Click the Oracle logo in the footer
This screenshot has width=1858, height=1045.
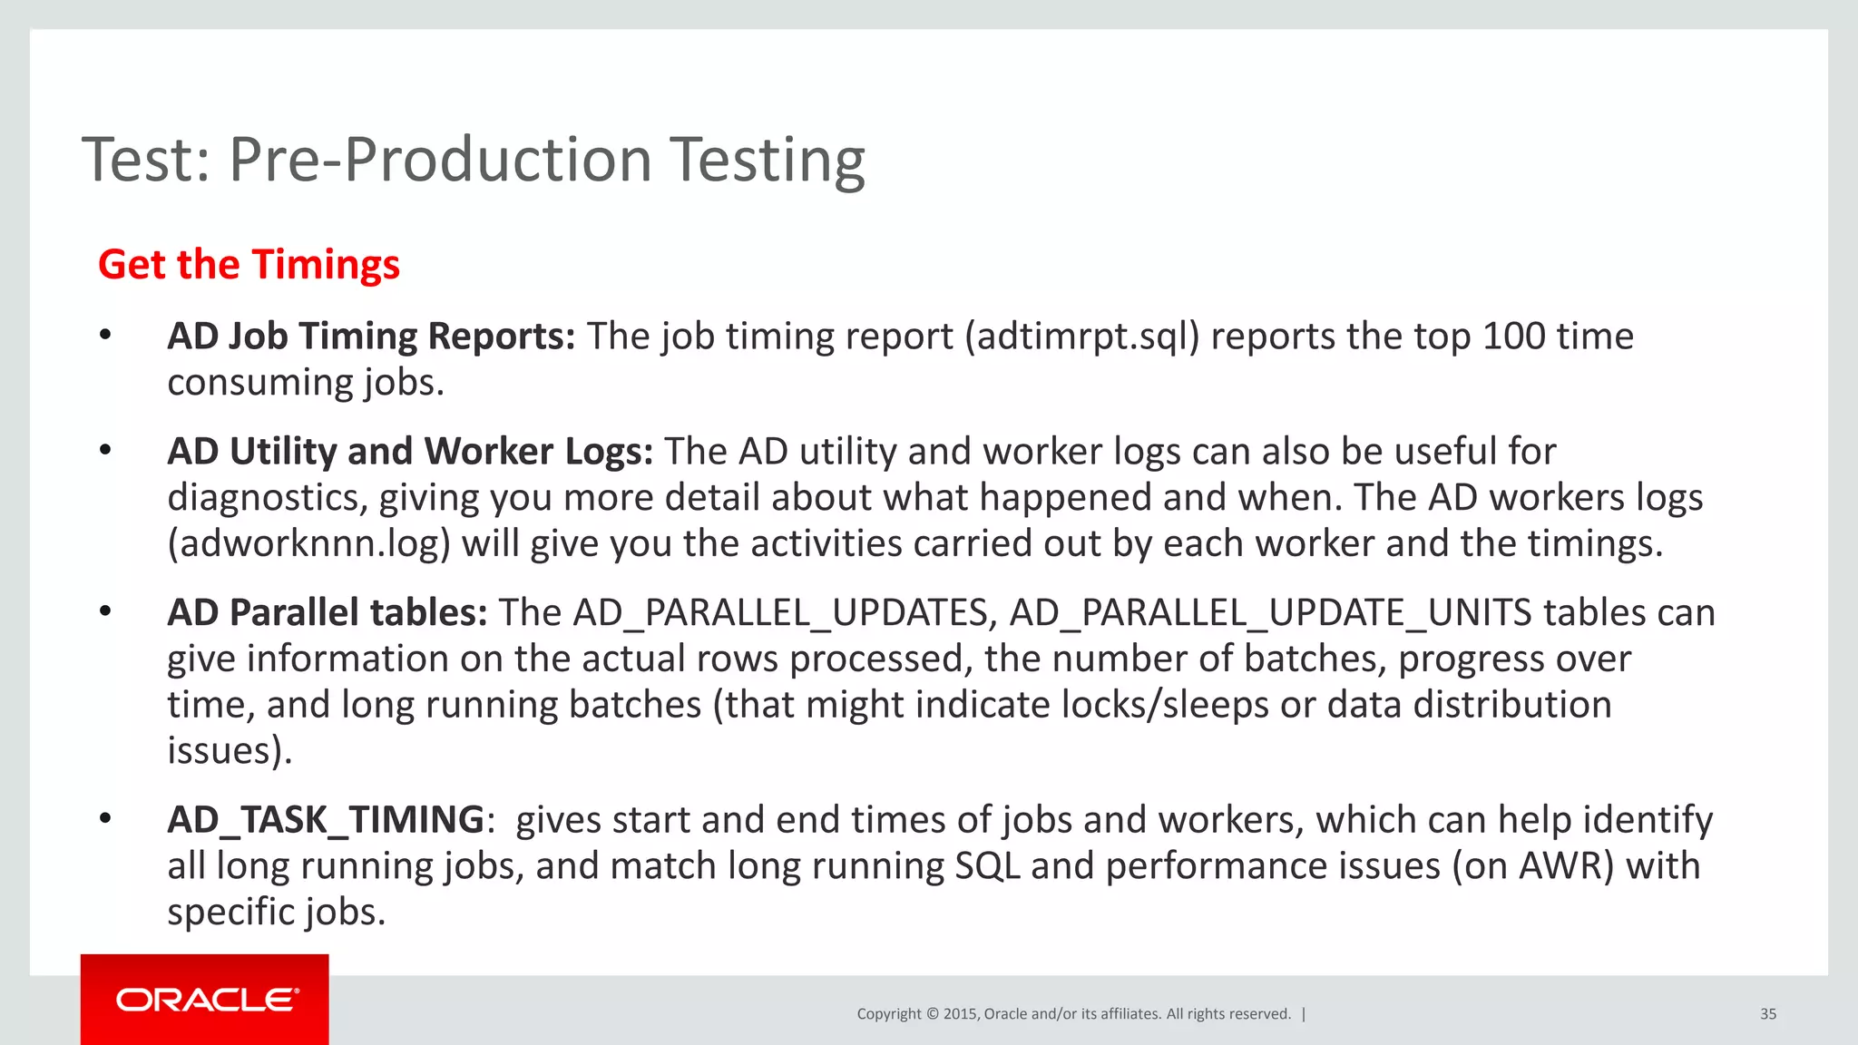coord(207,1000)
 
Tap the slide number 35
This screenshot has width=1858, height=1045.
coord(1767,1014)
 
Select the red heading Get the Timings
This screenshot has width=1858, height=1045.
coord(249,265)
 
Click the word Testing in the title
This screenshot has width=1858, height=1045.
coord(768,161)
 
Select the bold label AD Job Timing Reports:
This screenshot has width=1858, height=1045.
coord(371,337)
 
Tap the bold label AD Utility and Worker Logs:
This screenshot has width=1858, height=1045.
coord(410,452)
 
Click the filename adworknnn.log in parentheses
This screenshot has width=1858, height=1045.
coord(309,543)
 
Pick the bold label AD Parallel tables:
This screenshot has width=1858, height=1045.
coord(328,613)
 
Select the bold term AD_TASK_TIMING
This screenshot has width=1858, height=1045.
coord(326,820)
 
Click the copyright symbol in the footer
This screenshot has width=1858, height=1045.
coord(932,1014)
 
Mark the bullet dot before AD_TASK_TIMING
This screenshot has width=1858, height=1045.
coord(105,819)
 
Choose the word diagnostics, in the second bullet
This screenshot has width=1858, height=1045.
coord(268,498)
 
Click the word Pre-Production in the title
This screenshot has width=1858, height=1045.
coord(441,161)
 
